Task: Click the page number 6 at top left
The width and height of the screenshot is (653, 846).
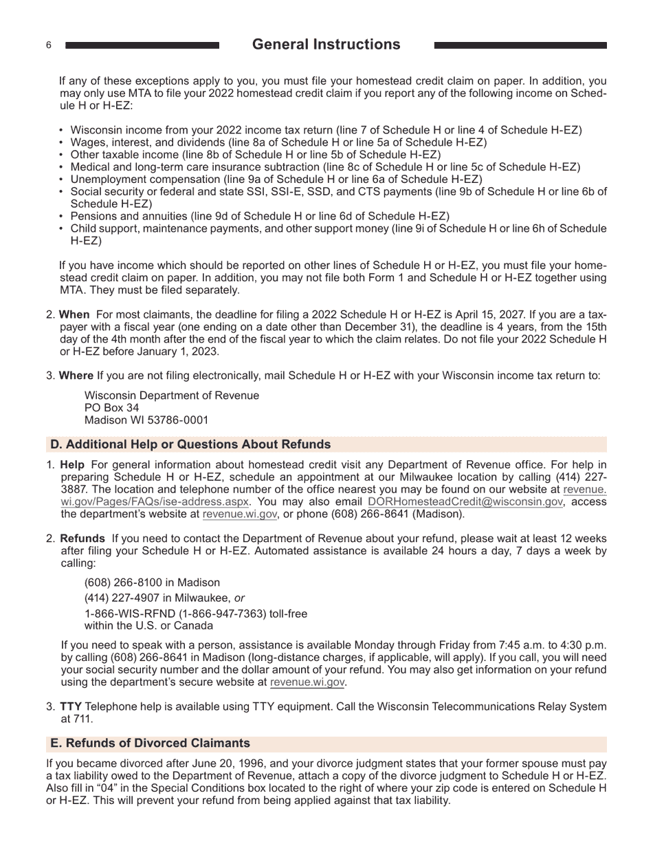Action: (x=49, y=45)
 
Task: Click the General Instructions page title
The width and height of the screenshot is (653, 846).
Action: (x=326, y=45)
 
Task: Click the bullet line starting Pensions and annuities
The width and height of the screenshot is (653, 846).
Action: (x=260, y=216)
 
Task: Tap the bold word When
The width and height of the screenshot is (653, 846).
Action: (x=74, y=314)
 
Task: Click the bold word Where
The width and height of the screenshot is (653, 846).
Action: (x=76, y=376)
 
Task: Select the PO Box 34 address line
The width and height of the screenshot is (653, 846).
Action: (x=111, y=408)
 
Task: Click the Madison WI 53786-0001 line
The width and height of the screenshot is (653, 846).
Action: (x=146, y=420)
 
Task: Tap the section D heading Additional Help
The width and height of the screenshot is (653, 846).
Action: (x=190, y=444)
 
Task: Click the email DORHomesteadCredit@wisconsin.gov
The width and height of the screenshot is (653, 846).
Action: (x=465, y=502)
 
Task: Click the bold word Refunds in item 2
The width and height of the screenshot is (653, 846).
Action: (x=82, y=539)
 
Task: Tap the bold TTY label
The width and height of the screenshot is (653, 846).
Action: (x=70, y=706)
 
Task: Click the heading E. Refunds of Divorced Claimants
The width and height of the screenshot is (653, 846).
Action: (x=150, y=744)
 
